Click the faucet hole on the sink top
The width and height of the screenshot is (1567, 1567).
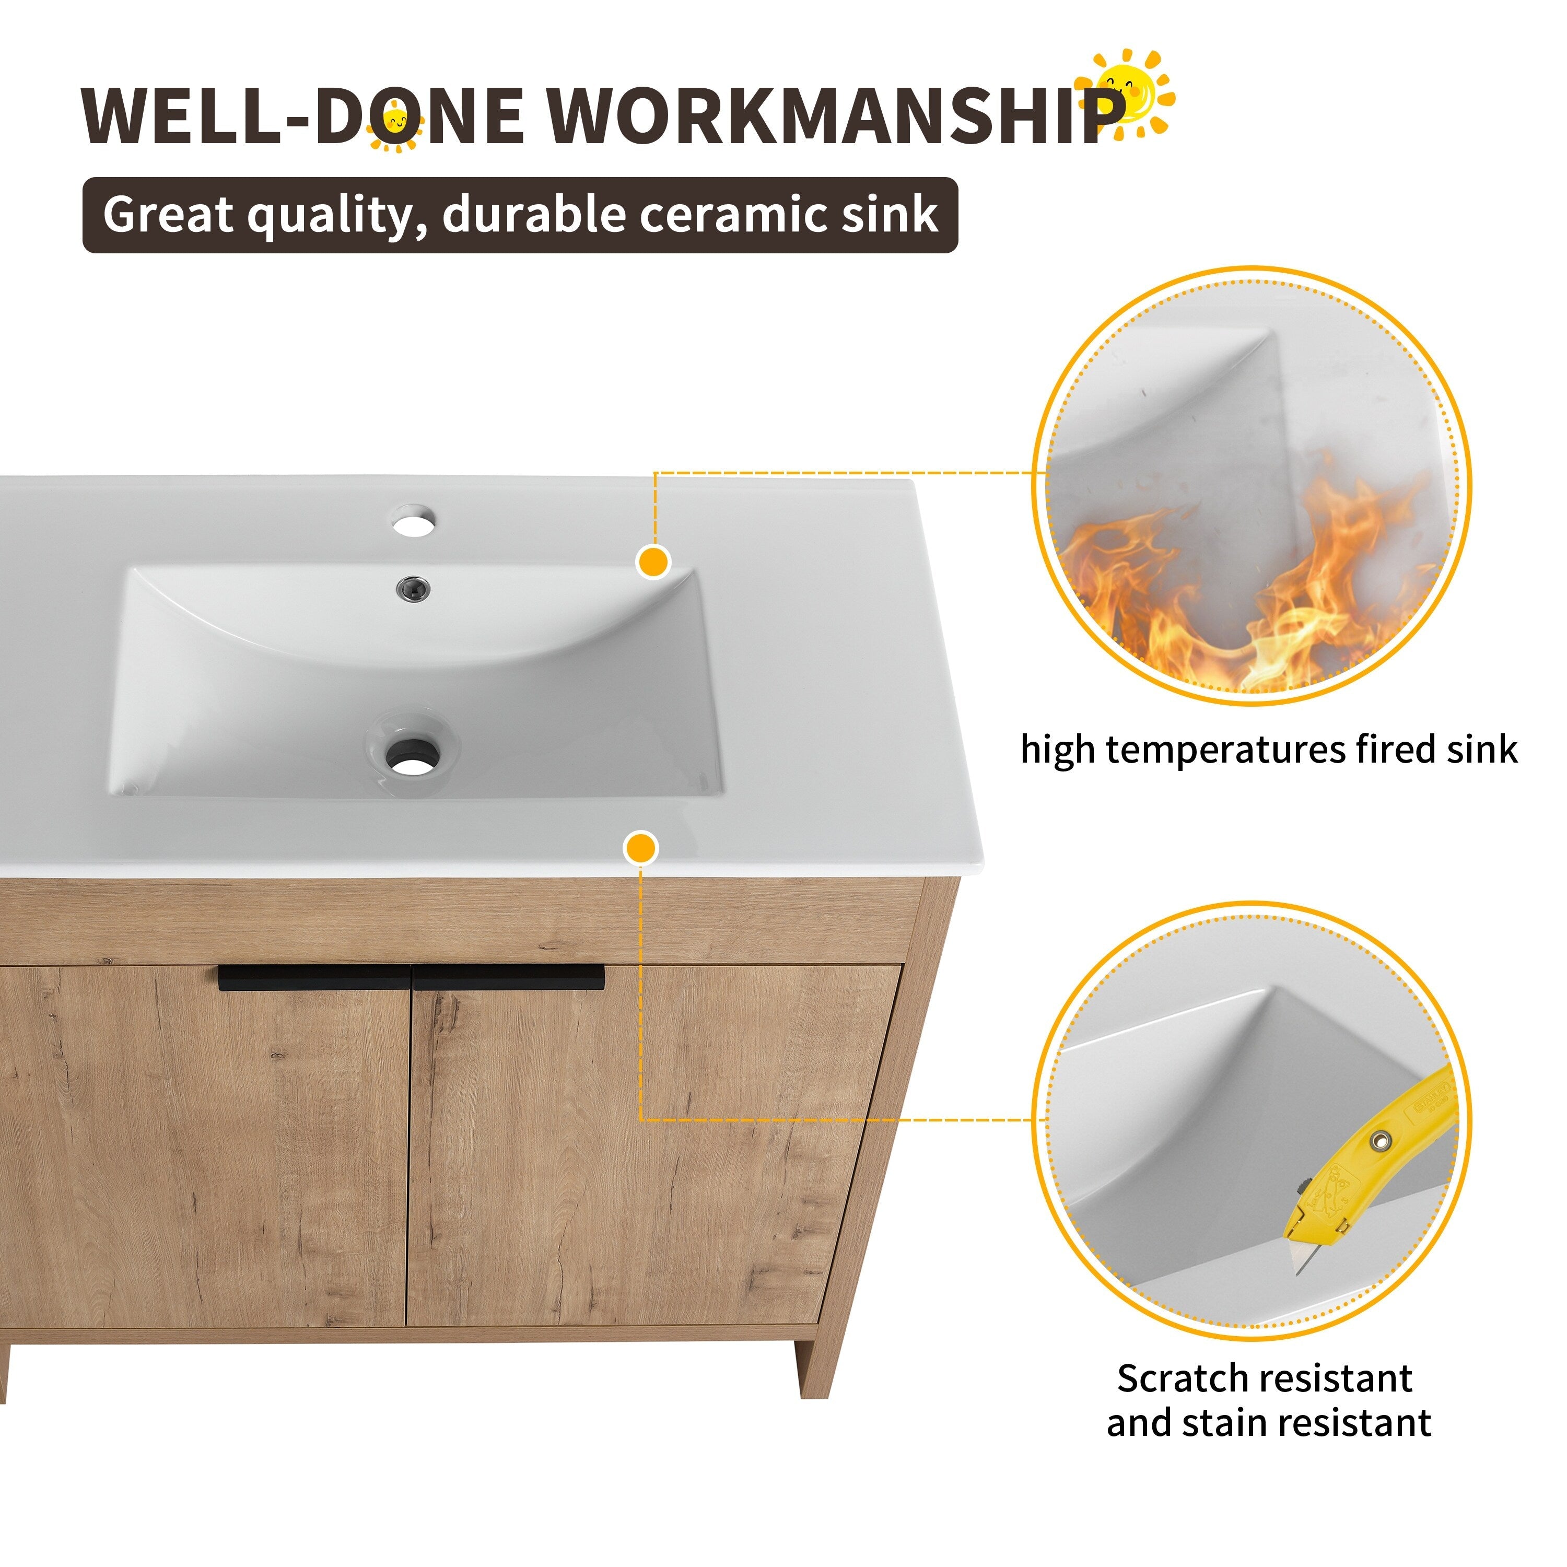click(x=414, y=521)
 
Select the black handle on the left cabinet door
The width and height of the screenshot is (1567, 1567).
click(x=314, y=977)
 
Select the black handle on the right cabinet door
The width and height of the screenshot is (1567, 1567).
click(x=509, y=977)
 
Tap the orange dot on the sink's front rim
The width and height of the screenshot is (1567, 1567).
click(x=641, y=848)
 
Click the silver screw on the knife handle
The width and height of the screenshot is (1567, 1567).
click(x=1377, y=1140)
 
